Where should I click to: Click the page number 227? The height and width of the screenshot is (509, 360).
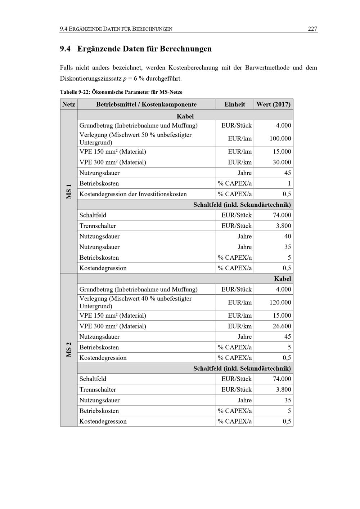[x=312, y=29]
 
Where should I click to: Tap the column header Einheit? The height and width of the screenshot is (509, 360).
[x=235, y=104]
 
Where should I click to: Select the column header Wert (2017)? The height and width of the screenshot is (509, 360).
[x=273, y=104]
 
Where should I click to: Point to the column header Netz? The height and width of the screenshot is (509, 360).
[x=69, y=104]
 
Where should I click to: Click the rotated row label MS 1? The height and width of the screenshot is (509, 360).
[x=69, y=191]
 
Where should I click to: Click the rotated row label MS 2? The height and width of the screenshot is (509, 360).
[x=69, y=349]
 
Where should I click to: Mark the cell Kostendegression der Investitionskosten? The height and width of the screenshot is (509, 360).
[x=133, y=194]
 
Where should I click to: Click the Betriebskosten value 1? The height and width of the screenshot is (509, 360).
[x=289, y=184]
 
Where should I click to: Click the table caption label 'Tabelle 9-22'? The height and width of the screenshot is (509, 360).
[x=75, y=92]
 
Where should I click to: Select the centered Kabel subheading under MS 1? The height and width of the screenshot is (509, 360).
[x=185, y=116]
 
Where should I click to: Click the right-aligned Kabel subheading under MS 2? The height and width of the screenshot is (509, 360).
[x=282, y=279]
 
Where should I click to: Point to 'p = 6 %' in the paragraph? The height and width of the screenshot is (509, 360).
[x=134, y=79]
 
